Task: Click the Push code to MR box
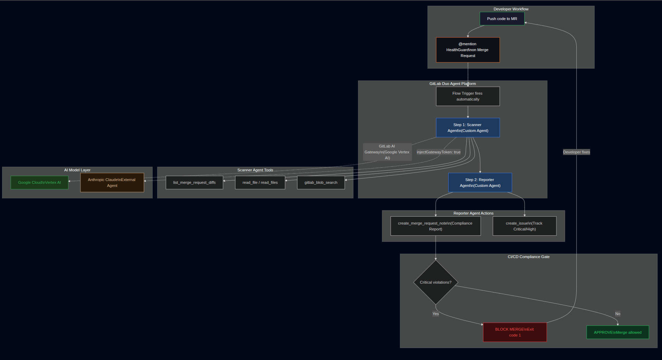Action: click(x=502, y=19)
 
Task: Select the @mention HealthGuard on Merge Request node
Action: click(x=468, y=50)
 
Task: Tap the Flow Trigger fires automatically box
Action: click(x=468, y=96)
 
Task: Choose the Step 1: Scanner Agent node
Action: click(x=468, y=128)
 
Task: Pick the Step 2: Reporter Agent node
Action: click(x=480, y=182)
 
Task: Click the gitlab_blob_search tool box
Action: click(x=321, y=182)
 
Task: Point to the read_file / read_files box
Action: click(x=260, y=182)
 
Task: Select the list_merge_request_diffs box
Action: click(x=194, y=182)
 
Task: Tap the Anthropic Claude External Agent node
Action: click(x=112, y=182)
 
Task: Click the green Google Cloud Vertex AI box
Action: click(x=39, y=182)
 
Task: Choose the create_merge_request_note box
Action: click(x=435, y=226)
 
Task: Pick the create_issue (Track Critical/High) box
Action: click(x=525, y=226)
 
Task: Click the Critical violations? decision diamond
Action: click(x=435, y=282)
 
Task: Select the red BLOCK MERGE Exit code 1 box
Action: click(x=515, y=332)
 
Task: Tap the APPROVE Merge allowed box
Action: click(x=618, y=332)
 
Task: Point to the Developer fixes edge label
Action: click(x=576, y=152)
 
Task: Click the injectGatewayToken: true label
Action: click(x=439, y=152)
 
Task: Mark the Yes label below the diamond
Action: click(x=435, y=314)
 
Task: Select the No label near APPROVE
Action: click(x=618, y=314)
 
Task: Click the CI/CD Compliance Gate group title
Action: click(x=528, y=257)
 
